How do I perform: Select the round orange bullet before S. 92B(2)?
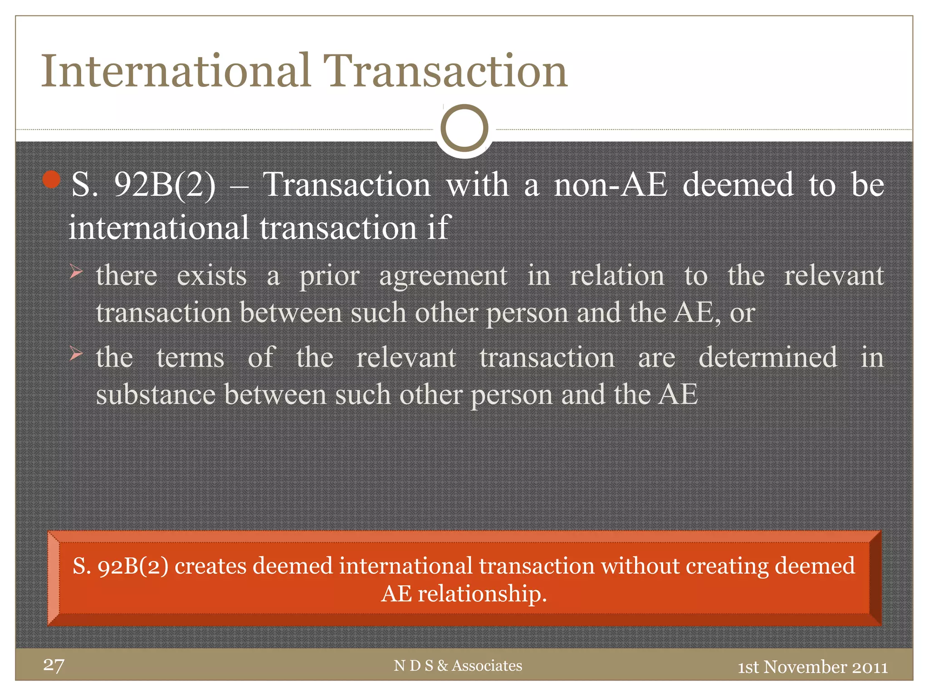(52, 180)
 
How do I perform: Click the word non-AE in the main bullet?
(611, 185)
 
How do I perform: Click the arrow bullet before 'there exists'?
(76, 272)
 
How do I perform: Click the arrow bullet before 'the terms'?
(76, 353)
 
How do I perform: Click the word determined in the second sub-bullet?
(768, 358)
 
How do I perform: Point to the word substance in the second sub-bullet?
(155, 395)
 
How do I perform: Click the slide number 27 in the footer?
(54, 665)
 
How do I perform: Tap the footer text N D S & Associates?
(458, 666)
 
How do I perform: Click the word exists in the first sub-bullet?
(211, 276)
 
